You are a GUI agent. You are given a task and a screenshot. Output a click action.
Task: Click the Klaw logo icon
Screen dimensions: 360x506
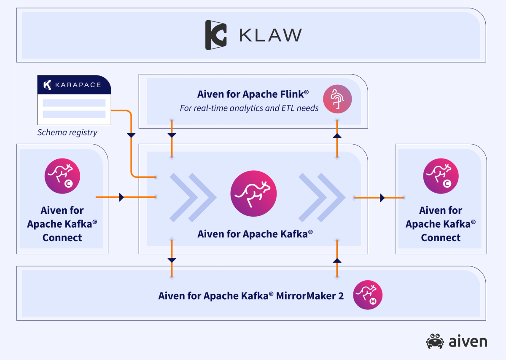click(x=216, y=35)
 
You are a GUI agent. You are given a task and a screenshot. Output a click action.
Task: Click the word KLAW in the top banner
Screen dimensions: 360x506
click(x=270, y=35)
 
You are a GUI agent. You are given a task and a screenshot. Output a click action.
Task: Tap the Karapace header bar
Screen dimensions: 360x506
click(x=74, y=85)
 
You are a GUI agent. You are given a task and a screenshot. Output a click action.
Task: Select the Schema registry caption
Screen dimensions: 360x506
click(x=67, y=132)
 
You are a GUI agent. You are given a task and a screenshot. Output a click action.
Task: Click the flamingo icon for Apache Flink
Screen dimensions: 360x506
click(x=337, y=99)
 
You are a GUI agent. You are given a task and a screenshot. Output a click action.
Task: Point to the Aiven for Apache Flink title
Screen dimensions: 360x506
click(x=249, y=94)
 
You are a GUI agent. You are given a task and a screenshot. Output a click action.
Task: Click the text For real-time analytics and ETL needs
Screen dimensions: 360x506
click(x=249, y=108)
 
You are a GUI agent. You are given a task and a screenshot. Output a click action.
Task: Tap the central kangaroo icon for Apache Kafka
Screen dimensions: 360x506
click(x=253, y=194)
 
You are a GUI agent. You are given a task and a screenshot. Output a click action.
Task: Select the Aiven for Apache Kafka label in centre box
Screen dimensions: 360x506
click(x=255, y=233)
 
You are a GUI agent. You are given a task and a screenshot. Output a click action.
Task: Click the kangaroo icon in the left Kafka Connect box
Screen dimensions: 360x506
click(x=62, y=176)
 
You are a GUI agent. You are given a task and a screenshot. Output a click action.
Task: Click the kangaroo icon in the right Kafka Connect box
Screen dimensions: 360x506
click(x=441, y=176)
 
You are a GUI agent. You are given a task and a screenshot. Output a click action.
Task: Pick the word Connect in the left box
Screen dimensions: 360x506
click(x=62, y=237)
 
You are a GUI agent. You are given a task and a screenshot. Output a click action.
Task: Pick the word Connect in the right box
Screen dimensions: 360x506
click(x=441, y=237)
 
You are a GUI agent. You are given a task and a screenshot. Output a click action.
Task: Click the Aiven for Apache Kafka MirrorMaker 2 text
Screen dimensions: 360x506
click(x=251, y=296)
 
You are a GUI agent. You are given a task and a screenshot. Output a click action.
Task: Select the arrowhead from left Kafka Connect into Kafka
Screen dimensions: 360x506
click(x=122, y=197)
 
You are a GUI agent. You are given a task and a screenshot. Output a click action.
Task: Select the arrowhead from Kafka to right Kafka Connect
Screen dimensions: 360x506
click(x=382, y=197)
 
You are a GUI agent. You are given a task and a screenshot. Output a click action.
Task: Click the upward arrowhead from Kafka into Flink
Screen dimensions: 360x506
click(x=337, y=136)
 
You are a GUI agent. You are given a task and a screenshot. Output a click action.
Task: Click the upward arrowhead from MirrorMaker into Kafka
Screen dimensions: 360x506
click(x=337, y=261)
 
